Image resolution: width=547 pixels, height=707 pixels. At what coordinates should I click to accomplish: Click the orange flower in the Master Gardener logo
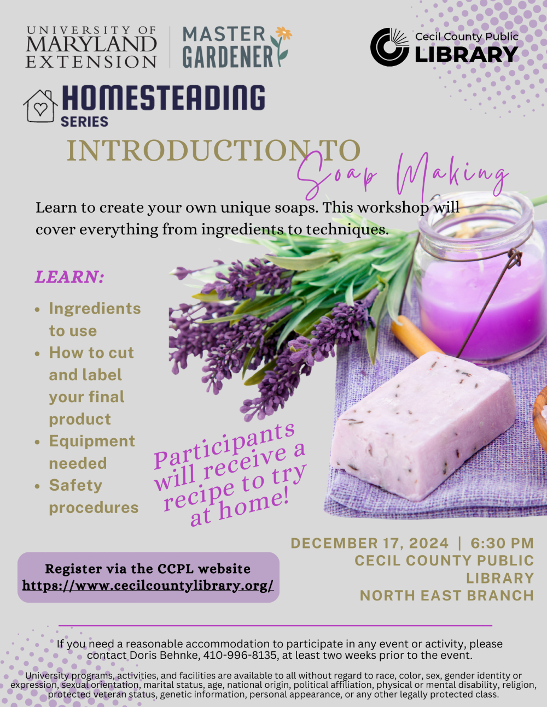click(284, 33)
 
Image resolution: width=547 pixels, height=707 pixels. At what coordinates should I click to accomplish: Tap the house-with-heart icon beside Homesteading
click(40, 106)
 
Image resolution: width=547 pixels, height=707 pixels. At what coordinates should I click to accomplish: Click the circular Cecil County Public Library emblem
click(389, 48)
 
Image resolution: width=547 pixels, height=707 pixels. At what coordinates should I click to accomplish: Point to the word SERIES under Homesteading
click(84, 122)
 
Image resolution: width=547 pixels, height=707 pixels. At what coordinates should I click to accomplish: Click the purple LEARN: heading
click(69, 277)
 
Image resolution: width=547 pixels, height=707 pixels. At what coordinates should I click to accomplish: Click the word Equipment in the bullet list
click(92, 441)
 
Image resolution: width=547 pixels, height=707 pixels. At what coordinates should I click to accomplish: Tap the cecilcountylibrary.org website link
click(148, 586)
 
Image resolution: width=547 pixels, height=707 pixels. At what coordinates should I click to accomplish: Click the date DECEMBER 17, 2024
click(369, 543)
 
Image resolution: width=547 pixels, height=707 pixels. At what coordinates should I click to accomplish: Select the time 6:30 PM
click(502, 543)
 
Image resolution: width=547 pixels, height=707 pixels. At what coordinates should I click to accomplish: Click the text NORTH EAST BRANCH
click(446, 596)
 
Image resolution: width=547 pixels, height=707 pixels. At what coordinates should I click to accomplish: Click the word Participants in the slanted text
click(224, 445)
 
